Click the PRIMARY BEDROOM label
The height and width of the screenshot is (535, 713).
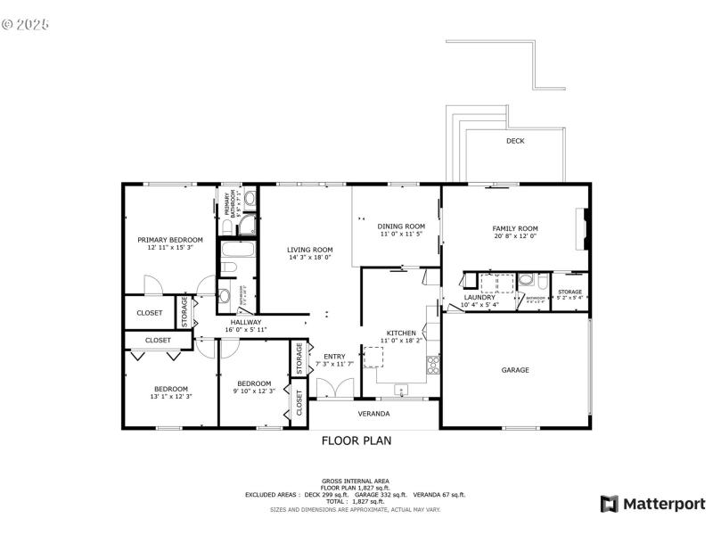[x=169, y=240]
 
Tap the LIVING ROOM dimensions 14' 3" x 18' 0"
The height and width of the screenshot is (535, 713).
[x=309, y=258]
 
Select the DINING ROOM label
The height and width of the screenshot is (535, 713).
[x=401, y=226]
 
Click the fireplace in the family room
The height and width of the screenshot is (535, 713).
[x=583, y=230]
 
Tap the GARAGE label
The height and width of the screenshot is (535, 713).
[x=515, y=370]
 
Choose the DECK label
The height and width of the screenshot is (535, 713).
[x=515, y=141]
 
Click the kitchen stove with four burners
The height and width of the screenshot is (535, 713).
[x=433, y=364]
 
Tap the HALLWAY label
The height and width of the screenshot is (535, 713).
[x=246, y=322]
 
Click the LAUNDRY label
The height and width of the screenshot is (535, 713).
[x=479, y=298]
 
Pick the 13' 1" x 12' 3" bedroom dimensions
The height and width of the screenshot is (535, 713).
[x=170, y=396]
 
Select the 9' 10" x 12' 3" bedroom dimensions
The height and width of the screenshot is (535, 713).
[x=254, y=391]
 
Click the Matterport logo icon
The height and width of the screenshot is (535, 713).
[x=610, y=504]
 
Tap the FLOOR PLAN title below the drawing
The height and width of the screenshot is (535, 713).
[x=356, y=440]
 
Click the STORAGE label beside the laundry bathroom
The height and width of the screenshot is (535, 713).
[x=570, y=292]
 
